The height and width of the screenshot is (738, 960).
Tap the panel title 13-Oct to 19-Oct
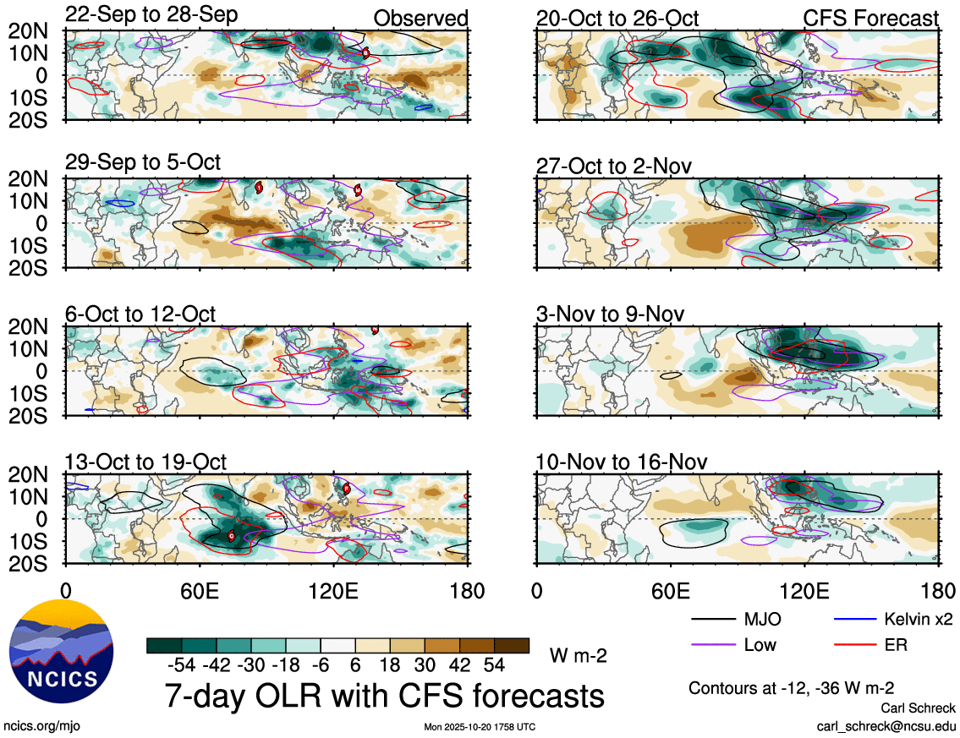(145, 462)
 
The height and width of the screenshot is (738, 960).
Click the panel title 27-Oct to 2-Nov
(614, 166)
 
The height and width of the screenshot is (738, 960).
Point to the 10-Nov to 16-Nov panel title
(622, 462)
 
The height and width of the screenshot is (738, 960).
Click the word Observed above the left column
(420, 19)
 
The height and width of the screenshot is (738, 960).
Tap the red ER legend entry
(896, 646)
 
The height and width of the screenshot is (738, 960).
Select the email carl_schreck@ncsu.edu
(886, 725)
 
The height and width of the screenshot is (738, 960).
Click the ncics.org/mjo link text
(41, 725)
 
